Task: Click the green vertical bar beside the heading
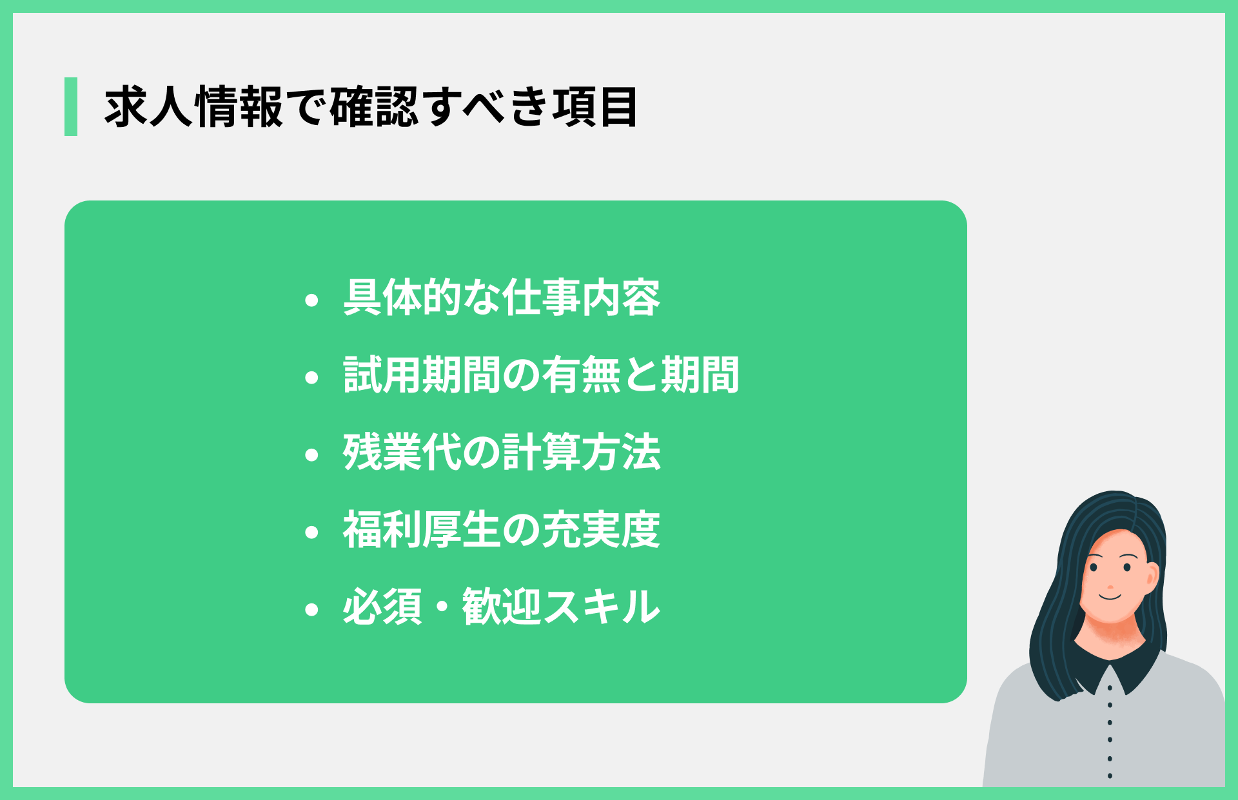click(71, 106)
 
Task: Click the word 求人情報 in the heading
click(193, 107)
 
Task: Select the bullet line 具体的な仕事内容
click(502, 298)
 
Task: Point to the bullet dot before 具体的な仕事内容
click(312, 300)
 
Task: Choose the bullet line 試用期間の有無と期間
click(541, 375)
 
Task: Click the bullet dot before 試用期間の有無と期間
click(312, 377)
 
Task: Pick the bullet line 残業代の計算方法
click(502, 453)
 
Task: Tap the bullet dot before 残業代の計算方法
click(312, 454)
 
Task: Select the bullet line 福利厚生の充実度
click(502, 530)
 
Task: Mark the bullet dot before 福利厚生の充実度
click(312, 532)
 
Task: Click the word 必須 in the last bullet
click(382, 607)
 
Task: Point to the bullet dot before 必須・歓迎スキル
click(312, 609)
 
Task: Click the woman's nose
click(1110, 587)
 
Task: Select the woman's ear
click(1152, 577)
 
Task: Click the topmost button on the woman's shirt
click(1110, 688)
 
